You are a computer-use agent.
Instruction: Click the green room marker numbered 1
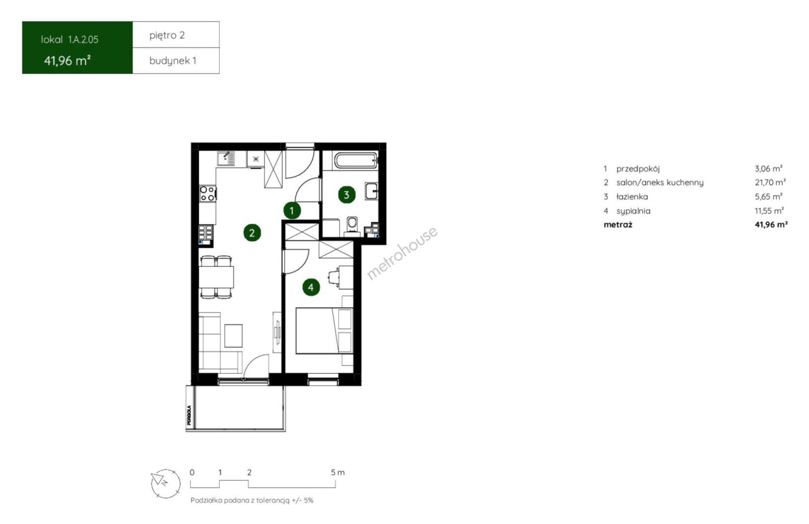coord(292,211)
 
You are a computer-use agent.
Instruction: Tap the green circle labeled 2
coord(252,233)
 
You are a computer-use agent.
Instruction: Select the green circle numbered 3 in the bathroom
coord(347,195)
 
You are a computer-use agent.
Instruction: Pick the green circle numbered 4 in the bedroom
coord(311,287)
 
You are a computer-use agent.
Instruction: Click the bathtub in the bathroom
coord(356,161)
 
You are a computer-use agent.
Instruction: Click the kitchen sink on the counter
coord(226,159)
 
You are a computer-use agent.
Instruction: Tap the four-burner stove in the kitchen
coord(208,193)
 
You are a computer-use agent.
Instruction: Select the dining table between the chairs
coord(216,277)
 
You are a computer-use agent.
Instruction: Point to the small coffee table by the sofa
coord(233,336)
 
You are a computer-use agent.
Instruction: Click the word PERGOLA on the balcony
coord(189,415)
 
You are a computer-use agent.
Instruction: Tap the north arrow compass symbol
coord(166,484)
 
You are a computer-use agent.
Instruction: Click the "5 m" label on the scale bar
coord(338,473)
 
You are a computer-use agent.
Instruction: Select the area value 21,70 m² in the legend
coord(770,182)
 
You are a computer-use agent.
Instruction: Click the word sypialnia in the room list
coord(633,211)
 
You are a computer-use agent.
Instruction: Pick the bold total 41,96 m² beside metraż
coord(771,225)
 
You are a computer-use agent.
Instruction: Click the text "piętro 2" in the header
coord(167,35)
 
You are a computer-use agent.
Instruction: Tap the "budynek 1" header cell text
coord(173,61)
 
